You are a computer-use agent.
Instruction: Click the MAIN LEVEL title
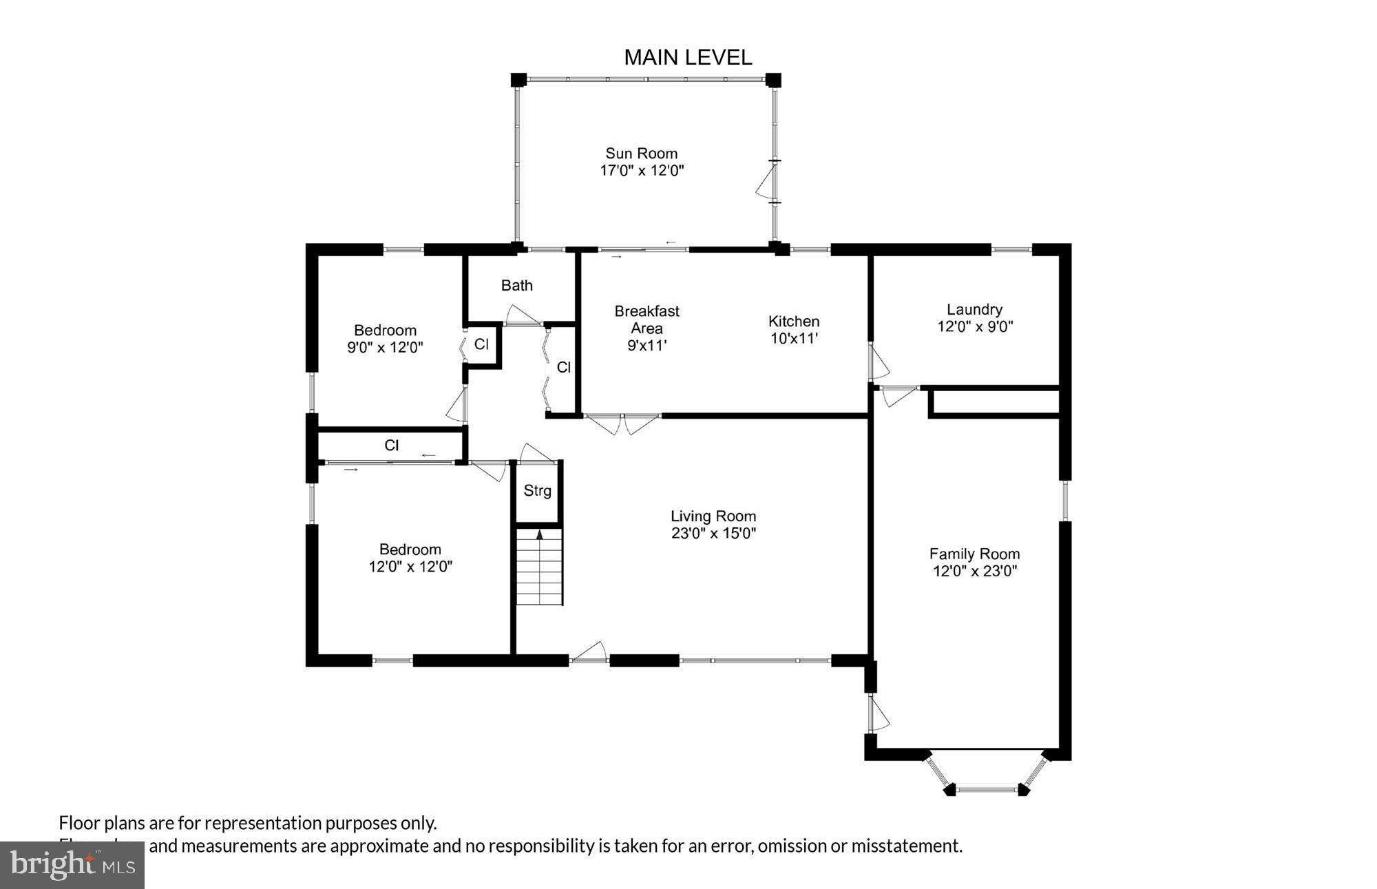[687, 57]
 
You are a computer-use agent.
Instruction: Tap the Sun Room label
[641, 154]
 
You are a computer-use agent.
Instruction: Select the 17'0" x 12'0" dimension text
[641, 171]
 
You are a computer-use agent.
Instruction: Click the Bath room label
[516, 285]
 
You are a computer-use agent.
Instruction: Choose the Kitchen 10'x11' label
[793, 330]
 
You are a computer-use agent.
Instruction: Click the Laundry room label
[974, 310]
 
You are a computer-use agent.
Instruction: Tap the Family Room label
[974, 554]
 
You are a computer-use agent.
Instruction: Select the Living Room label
[713, 516]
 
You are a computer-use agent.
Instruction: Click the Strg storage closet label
[537, 491]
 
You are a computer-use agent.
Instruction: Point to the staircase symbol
[540, 566]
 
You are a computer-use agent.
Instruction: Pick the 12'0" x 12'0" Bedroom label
[410, 558]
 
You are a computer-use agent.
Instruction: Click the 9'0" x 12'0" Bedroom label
[385, 339]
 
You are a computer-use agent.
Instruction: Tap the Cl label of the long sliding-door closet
[391, 446]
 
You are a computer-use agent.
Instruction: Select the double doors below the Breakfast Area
[622, 423]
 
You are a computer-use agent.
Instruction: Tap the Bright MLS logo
[72, 865]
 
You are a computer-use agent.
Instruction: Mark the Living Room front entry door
[589, 653]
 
